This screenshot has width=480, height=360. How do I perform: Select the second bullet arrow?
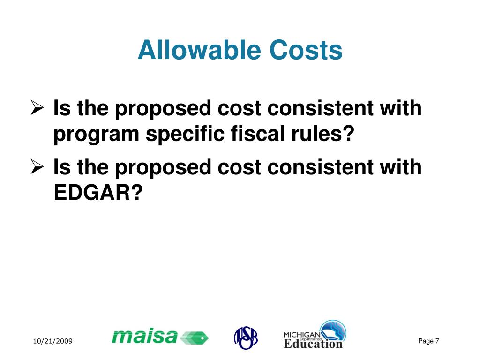(37, 167)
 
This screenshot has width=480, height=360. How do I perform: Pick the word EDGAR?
(97, 193)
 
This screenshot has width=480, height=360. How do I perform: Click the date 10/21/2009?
(52, 342)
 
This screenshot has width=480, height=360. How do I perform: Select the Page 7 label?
(428, 341)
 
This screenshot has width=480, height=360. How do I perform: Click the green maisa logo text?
(145, 336)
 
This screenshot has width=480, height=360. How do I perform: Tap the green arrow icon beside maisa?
(195, 337)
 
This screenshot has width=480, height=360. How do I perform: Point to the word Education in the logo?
(313, 344)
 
